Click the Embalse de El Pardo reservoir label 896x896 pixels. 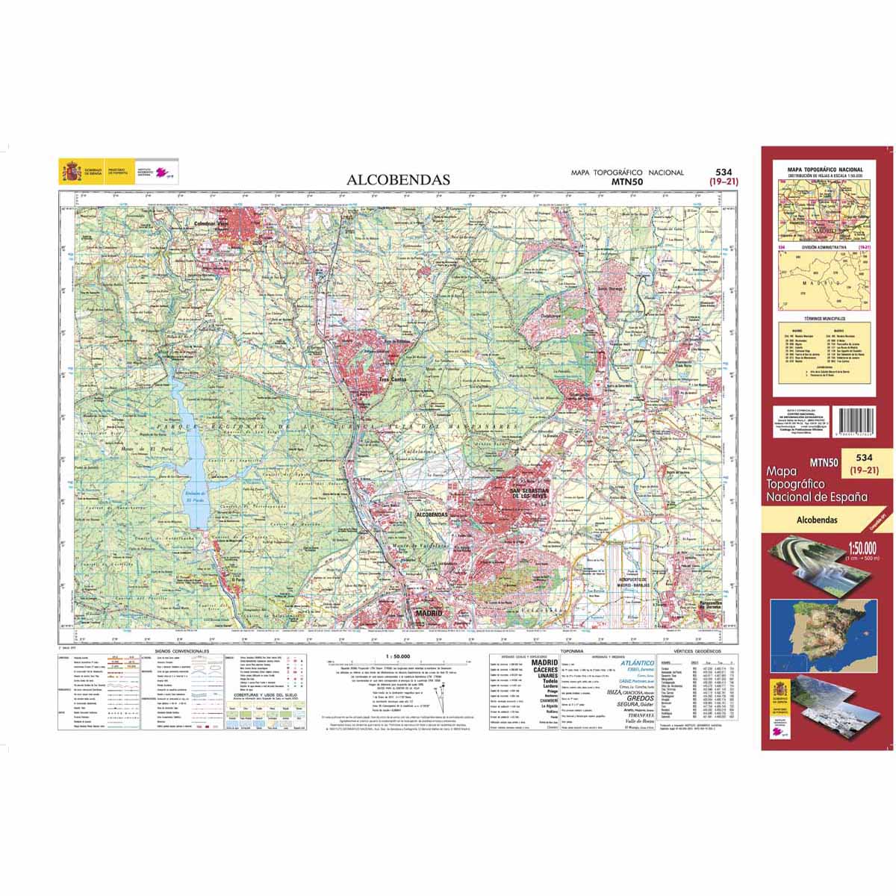click(x=192, y=498)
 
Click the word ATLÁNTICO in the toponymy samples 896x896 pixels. click(x=638, y=662)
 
